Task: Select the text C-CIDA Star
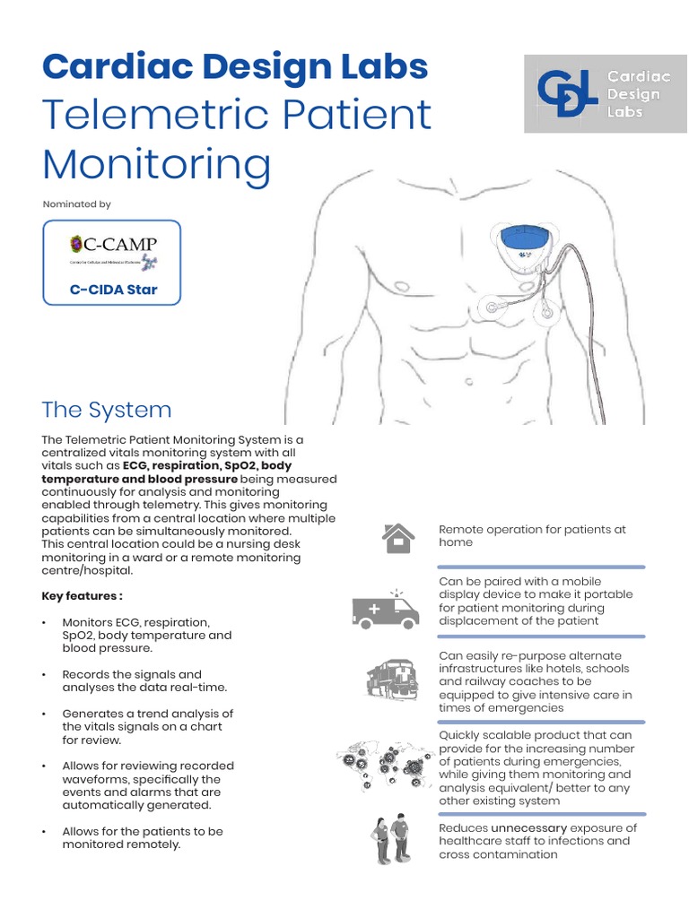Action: coord(113,290)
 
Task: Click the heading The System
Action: coord(106,410)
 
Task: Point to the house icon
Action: coord(397,537)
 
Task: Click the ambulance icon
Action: coord(386,610)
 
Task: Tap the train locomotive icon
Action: coord(392,679)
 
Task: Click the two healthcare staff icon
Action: coord(391,838)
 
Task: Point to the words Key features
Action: coord(82,596)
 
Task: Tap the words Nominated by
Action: coord(77,204)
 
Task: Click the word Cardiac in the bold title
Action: coord(109,66)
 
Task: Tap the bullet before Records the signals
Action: coord(45,674)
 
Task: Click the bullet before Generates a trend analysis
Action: coord(45,714)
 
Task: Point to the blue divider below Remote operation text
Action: coord(541,567)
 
